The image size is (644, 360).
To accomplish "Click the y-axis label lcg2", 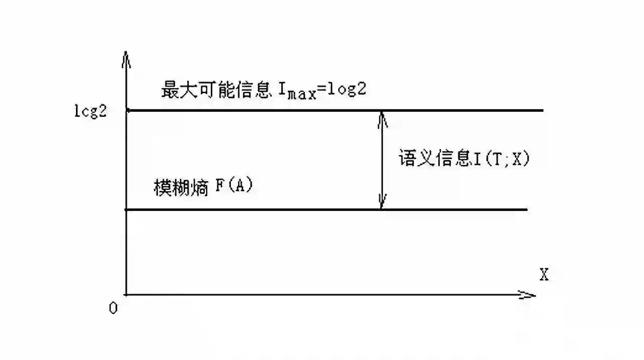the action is (91, 111).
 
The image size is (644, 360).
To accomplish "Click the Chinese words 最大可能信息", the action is (216, 89).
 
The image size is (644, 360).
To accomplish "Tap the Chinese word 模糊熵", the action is (181, 188).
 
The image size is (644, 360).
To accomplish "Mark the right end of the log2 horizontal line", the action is (542, 110).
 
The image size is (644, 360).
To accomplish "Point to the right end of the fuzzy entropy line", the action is (526, 209).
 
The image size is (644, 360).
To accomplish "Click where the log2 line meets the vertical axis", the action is (127, 110).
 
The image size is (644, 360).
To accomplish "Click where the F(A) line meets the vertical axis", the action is (126, 209).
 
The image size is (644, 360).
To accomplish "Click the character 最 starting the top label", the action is (170, 89).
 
